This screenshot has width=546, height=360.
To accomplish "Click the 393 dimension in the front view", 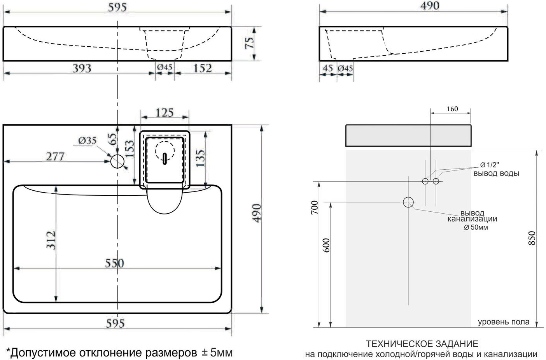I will click(x=82, y=68).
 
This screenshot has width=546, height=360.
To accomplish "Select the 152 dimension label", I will click(x=202, y=68).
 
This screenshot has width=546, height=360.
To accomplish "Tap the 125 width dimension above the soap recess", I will click(x=164, y=112).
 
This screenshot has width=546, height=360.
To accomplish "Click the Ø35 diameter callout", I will click(x=87, y=140).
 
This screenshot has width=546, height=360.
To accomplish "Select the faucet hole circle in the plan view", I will click(x=117, y=161).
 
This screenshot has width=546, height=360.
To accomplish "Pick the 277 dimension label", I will click(x=55, y=156).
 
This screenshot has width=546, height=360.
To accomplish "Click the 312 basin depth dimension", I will click(x=51, y=240).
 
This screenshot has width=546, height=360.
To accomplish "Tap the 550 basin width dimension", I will click(x=114, y=263).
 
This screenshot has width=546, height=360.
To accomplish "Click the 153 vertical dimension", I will click(x=129, y=149).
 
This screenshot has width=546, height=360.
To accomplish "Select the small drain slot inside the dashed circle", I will click(x=164, y=158).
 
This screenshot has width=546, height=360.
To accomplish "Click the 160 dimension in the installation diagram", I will click(x=452, y=109).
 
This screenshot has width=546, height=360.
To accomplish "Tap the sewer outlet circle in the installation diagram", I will click(x=408, y=202).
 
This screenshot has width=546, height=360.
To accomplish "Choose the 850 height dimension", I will click(x=532, y=238).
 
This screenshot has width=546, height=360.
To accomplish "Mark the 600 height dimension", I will click(x=326, y=245).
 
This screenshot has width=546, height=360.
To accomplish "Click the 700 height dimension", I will click(x=315, y=207).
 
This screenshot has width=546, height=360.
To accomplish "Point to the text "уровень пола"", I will click(x=503, y=322).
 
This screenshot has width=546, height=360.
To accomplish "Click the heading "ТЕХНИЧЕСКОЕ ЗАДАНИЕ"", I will click(x=422, y=344).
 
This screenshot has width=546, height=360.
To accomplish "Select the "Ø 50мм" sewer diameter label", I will click(x=476, y=227).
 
